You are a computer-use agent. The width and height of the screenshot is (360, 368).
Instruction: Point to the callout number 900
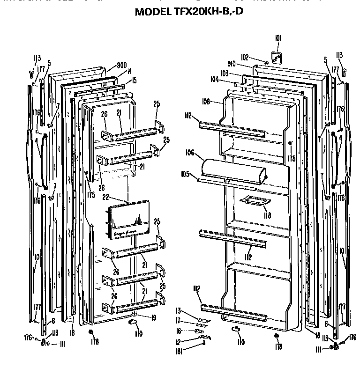pos(109,65)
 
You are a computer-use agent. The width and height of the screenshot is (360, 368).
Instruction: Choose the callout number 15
pos(134,81)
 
